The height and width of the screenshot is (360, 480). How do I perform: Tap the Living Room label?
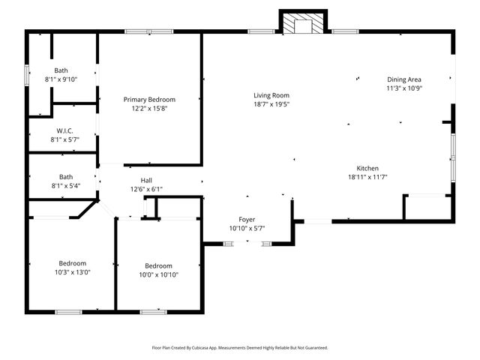[271, 95]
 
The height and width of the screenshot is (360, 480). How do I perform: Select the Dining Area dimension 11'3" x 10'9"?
[404, 88]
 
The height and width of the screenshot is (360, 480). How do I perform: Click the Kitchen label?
[367, 168]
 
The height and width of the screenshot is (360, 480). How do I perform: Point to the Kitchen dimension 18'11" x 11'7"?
[367, 177]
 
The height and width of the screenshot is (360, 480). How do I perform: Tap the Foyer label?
[247, 219]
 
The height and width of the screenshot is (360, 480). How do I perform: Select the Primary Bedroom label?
[149, 99]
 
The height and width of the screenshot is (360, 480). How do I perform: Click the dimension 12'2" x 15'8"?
[149, 108]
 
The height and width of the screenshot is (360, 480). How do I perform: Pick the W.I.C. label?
[64, 130]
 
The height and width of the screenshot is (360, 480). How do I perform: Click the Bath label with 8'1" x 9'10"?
[61, 70]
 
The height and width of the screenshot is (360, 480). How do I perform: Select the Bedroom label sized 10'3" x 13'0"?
[73, 263]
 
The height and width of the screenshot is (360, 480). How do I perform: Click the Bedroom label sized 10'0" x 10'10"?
[158, 265]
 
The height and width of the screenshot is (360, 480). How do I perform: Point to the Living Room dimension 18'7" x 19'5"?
[271, 104]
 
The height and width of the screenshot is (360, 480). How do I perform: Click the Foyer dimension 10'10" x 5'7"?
[247, 228]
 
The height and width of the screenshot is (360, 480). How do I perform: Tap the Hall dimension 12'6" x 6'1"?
[146, 189]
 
